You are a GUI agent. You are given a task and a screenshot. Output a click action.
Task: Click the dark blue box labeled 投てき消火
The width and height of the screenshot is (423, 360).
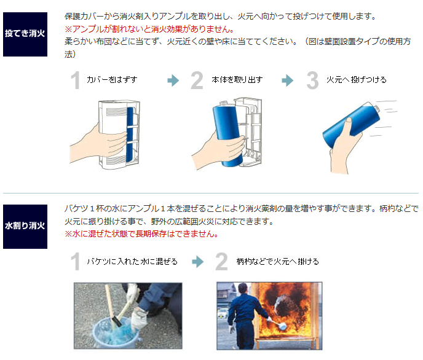tap(25, 34)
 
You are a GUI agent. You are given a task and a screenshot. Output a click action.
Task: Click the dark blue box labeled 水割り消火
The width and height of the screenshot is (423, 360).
tap(25, 227)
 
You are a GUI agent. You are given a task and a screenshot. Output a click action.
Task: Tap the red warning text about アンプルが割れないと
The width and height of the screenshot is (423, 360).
tap(149, 29)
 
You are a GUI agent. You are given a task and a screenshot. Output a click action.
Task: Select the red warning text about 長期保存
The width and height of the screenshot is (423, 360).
tap(141, 233)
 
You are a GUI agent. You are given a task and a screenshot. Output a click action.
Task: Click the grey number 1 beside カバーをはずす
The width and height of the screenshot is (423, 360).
tap(75, 80)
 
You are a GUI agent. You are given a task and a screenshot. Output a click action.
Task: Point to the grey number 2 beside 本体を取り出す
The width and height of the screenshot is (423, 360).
tap(197, 80)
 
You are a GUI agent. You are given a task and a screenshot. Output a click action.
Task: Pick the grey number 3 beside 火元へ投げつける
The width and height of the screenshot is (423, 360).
tap(313, 80)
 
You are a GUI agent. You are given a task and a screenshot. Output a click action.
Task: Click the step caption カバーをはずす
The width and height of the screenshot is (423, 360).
tap(112, 80)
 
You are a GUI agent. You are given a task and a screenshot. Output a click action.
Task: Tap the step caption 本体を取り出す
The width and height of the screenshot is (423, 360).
tap(237, 80)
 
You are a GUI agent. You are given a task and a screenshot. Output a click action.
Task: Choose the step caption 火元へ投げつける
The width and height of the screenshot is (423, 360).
tap(357, 80)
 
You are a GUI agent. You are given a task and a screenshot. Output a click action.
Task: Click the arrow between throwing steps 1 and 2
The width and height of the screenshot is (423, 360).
tap(173, 80)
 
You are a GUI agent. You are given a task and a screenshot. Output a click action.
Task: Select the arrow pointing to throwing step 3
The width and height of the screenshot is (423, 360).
tap(288, 80)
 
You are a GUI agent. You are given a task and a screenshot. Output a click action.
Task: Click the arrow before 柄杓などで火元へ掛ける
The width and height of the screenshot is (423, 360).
tap(198, 262)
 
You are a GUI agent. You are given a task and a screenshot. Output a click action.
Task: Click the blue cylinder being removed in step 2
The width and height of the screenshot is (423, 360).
tap(227, 134)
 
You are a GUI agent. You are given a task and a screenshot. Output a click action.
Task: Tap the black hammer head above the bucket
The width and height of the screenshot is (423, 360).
tap(117, 321)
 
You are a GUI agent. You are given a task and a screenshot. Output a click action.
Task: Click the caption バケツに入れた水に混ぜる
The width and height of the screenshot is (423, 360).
tap(132, 261)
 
